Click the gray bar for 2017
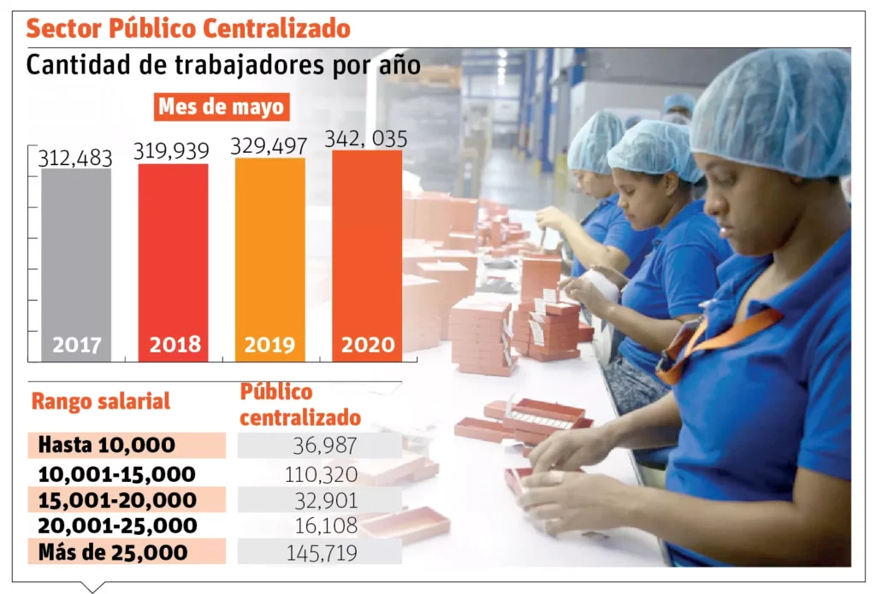[x=76, y=265]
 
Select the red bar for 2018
[x=173, y=261]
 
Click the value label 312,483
[x=76, y=158]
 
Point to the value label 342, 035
[x=366, y=139]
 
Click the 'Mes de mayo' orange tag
[x=221, y=108]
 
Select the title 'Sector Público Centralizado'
[x=188, y=28]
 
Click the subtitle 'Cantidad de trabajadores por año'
[x=223, y=65]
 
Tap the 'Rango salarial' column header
[x=101, y=401]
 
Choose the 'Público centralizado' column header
[x=299, y=405]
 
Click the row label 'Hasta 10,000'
[x=107, y=445]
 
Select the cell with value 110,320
[x=321, y=473]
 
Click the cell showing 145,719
[x=321, y=552]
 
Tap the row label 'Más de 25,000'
[x=112, y=552]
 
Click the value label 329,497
[x=269, y=146]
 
